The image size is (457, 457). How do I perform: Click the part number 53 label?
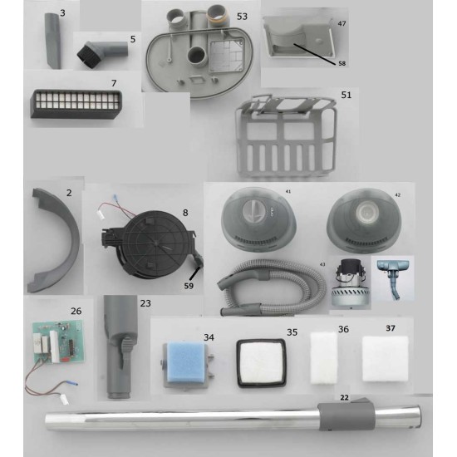[x=242, y=17]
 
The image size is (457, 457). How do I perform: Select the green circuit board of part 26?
[x=61, y=341]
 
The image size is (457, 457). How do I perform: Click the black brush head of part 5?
[x=85, y=54]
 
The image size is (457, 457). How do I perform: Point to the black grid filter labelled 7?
[x=76, y=104]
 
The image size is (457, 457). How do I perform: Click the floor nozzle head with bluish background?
[x=394, y=278]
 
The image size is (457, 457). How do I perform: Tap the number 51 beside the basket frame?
[x=346, y=95]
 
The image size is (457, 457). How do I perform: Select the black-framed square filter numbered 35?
[x=261, y=363]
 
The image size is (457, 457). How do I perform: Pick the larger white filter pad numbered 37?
[x=385, y=359]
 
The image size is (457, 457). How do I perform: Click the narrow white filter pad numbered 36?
[x=324, y=358]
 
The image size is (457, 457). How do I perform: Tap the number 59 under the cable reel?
[x=189, y=286]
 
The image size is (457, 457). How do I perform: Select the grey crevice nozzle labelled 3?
[x=52, y=41]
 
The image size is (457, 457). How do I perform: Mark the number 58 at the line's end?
[x=342, y=63]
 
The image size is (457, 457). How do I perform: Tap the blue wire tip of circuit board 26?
[x=74, y=384]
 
